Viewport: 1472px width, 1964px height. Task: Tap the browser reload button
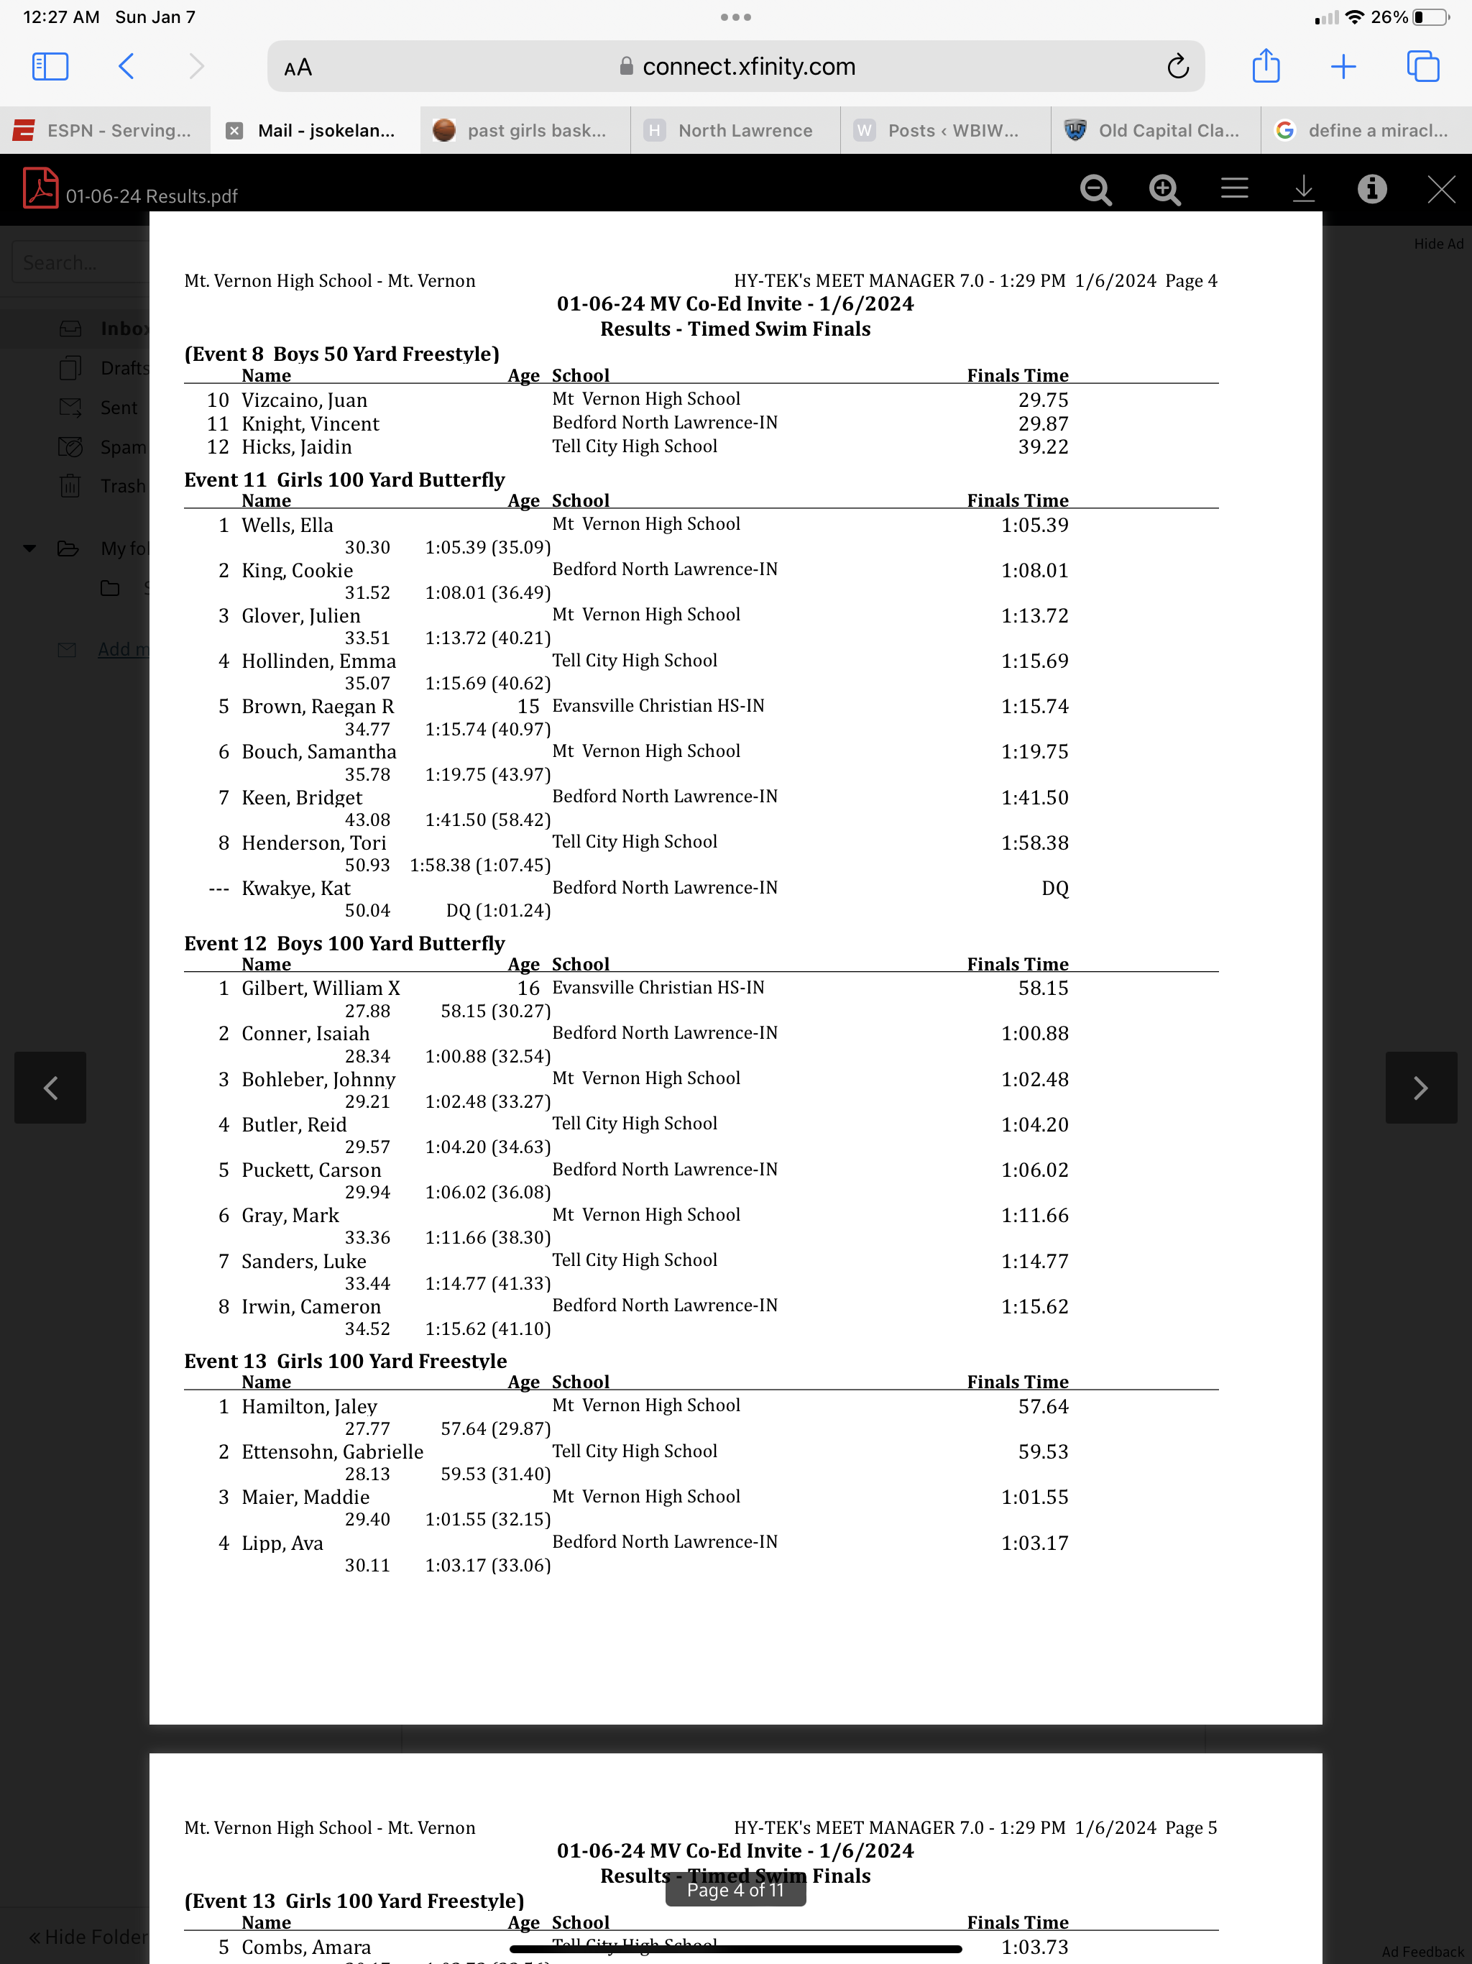1177,67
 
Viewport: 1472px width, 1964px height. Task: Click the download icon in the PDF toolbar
1302,189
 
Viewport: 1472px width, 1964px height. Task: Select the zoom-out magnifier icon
1095,189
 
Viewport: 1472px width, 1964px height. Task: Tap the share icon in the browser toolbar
1265,67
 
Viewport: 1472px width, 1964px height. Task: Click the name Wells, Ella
287,525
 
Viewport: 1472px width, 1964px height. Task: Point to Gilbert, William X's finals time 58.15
1042,988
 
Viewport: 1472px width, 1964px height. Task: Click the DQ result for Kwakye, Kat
1054,888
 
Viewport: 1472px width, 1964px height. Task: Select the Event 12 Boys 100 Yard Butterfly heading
344,943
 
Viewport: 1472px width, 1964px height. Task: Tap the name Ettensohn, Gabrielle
332,1451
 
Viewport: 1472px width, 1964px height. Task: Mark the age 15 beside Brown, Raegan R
528,706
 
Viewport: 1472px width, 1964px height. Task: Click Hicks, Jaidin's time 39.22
1042,446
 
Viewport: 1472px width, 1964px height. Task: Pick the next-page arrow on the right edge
1420,1088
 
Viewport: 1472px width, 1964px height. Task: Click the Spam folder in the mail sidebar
122,446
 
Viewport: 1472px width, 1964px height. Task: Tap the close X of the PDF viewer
1440,189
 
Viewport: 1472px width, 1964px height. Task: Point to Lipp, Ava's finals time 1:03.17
1034,1543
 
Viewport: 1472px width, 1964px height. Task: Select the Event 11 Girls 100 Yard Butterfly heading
344,479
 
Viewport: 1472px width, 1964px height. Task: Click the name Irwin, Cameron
310,1306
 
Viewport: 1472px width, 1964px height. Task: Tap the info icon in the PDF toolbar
1371,189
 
